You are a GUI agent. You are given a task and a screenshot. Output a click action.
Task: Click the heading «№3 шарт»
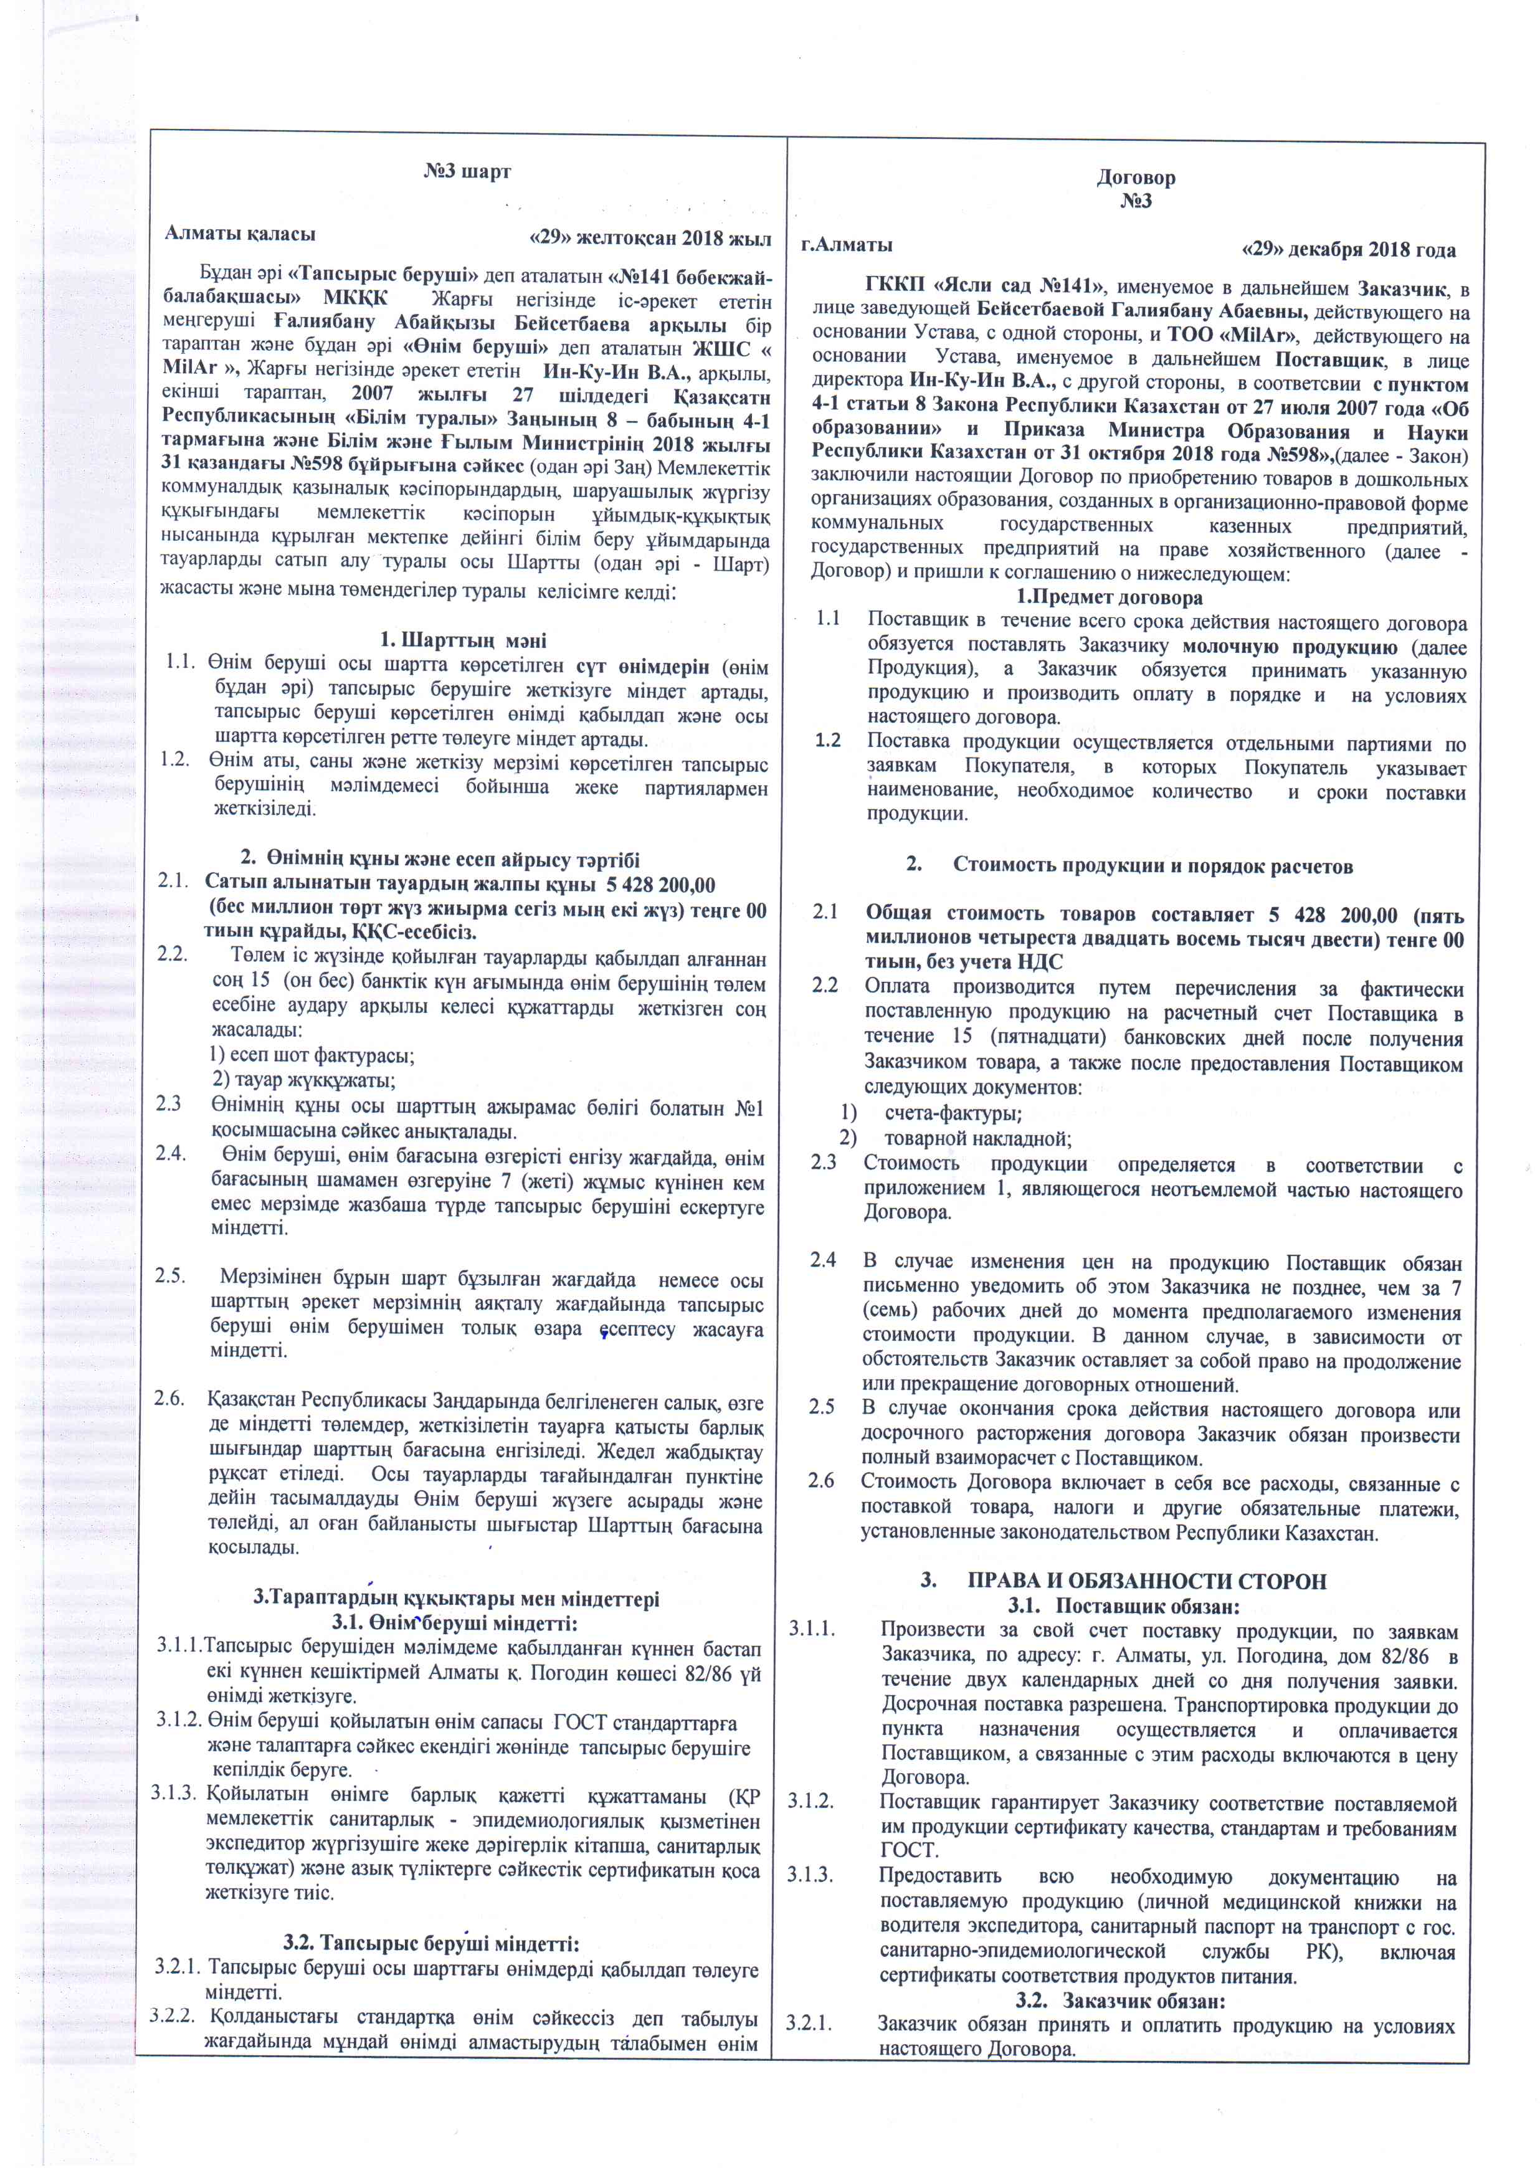point(466,172)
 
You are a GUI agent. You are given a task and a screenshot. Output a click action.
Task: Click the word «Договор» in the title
point(1135,178)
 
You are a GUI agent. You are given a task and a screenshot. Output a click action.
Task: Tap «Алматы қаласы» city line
point(240,234)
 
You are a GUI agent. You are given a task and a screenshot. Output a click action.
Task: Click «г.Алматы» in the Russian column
point(846,244)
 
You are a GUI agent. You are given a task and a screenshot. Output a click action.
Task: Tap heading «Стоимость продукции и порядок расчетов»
point(1152,865)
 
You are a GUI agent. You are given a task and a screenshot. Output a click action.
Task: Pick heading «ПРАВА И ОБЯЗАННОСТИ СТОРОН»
point(1146,1581)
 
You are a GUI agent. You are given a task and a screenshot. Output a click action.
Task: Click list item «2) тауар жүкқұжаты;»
point(303,1080)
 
